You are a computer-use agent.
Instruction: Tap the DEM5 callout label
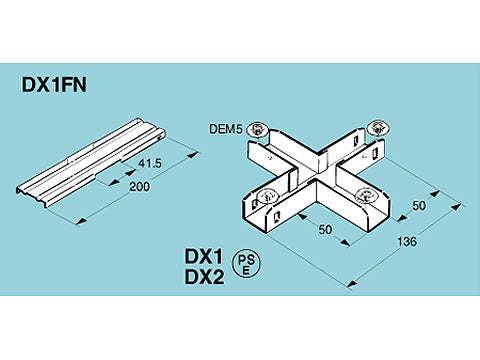pyautogui.click(x=225, y=128)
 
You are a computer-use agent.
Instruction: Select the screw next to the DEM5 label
pyautogui.click(x=258, y=129)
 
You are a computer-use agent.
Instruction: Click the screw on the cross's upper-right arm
pyautogui.click(x=378, y=127)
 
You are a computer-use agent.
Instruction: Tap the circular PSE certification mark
pyautogui.click(x=245, y=264)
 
